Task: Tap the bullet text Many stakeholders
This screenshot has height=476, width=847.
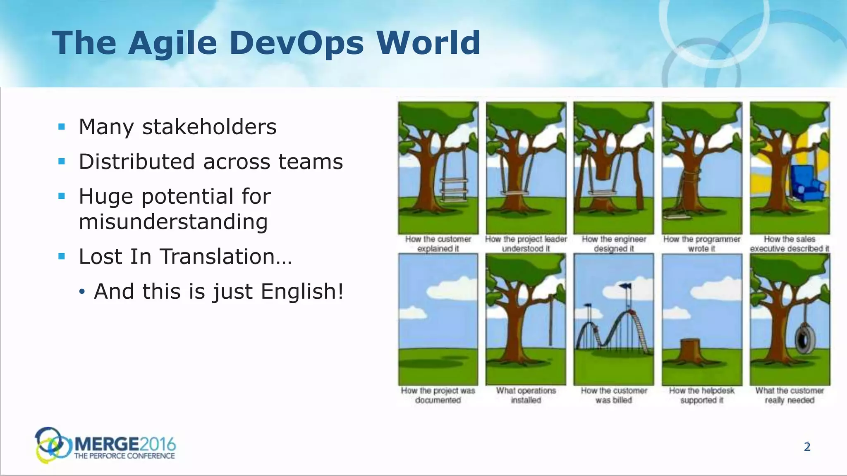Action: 177,126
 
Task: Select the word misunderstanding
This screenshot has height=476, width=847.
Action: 173,221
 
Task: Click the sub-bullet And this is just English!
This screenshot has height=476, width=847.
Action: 218,291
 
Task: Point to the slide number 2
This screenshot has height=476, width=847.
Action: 807,447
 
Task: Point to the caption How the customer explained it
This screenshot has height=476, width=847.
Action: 438,244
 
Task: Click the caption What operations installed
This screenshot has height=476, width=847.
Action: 526,395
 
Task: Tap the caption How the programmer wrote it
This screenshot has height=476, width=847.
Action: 701,244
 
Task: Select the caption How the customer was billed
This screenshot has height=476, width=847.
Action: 614,395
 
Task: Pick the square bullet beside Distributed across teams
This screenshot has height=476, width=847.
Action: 62,162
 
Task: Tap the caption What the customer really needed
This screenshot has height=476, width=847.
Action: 790,395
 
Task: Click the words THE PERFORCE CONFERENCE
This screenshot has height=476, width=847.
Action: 124,456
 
